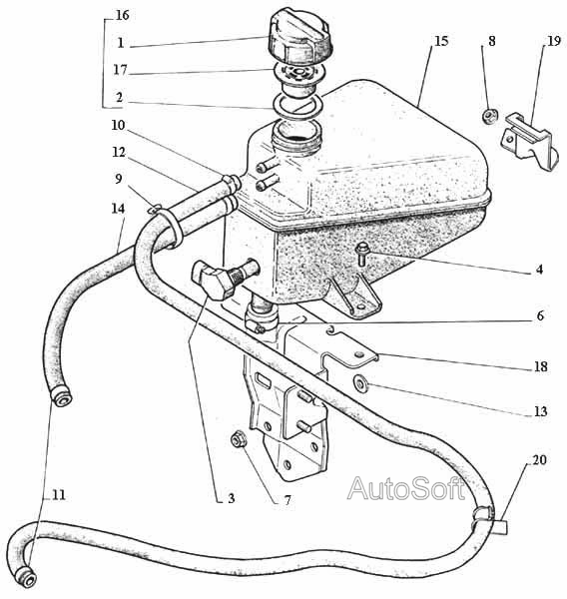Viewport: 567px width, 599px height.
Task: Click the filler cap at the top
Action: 300,38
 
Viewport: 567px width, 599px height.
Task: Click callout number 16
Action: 123,15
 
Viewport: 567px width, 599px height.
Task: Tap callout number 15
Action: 441,41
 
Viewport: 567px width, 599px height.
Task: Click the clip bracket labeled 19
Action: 529,142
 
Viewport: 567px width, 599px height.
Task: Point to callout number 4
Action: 539,270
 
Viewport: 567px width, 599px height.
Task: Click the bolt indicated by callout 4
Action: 361,255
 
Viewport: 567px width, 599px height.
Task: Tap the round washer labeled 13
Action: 360,383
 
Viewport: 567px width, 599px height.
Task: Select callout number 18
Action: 540,366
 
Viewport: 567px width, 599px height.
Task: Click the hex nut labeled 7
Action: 239,438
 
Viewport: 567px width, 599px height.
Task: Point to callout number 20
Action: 539,460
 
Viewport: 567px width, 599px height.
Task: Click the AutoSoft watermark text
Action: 406,488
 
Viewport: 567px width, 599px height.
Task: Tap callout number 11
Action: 59,495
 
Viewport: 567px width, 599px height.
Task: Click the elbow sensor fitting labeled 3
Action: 218,279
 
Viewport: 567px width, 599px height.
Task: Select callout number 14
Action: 119,209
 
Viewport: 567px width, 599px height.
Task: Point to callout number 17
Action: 120,70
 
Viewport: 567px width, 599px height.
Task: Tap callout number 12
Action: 119,153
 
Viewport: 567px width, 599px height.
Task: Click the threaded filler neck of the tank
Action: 296,137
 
